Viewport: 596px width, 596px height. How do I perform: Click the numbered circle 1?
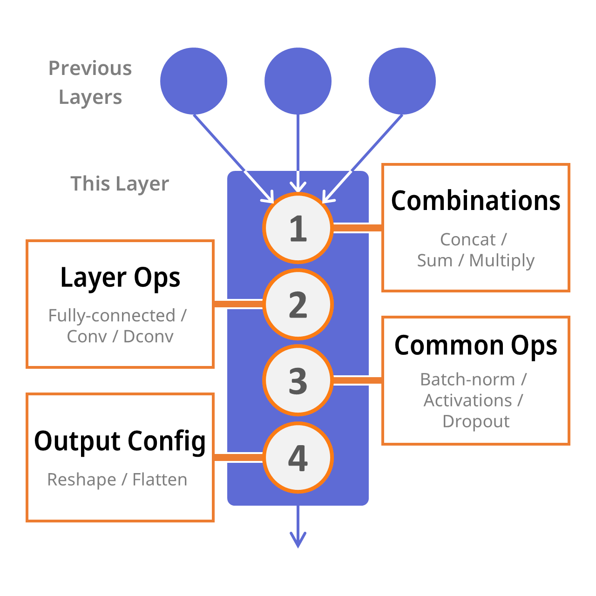pos(298,228)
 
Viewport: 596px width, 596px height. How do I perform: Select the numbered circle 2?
pos(298,305)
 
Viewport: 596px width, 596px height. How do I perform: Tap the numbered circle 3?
pos(298,380)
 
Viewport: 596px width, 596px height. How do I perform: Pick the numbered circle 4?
pos(298,457)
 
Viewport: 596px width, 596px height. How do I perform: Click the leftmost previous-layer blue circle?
pos(194,81)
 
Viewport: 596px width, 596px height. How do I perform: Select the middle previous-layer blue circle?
pos(298,81)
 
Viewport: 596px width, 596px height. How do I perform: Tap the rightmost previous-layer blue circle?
pos(402,81)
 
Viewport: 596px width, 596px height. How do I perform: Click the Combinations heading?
pos(475,201)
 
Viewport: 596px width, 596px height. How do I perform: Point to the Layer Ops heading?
pos(120,278)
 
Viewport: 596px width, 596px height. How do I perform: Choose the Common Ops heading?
pos(475,345)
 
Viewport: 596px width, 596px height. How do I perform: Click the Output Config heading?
pos(120,441)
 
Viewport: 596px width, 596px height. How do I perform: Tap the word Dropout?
pos(476,421)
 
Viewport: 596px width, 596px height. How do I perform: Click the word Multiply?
pos(502,260)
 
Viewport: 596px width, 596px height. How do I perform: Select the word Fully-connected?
pos(112,316)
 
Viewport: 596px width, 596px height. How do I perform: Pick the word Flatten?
pos(160,480)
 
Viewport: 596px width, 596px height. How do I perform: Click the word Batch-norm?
pos(467,379)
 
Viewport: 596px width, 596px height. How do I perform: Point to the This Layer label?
pos(120,184)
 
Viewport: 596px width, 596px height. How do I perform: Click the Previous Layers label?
pos(90,82)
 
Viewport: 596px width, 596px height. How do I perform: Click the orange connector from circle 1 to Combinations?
pos(358,228)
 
